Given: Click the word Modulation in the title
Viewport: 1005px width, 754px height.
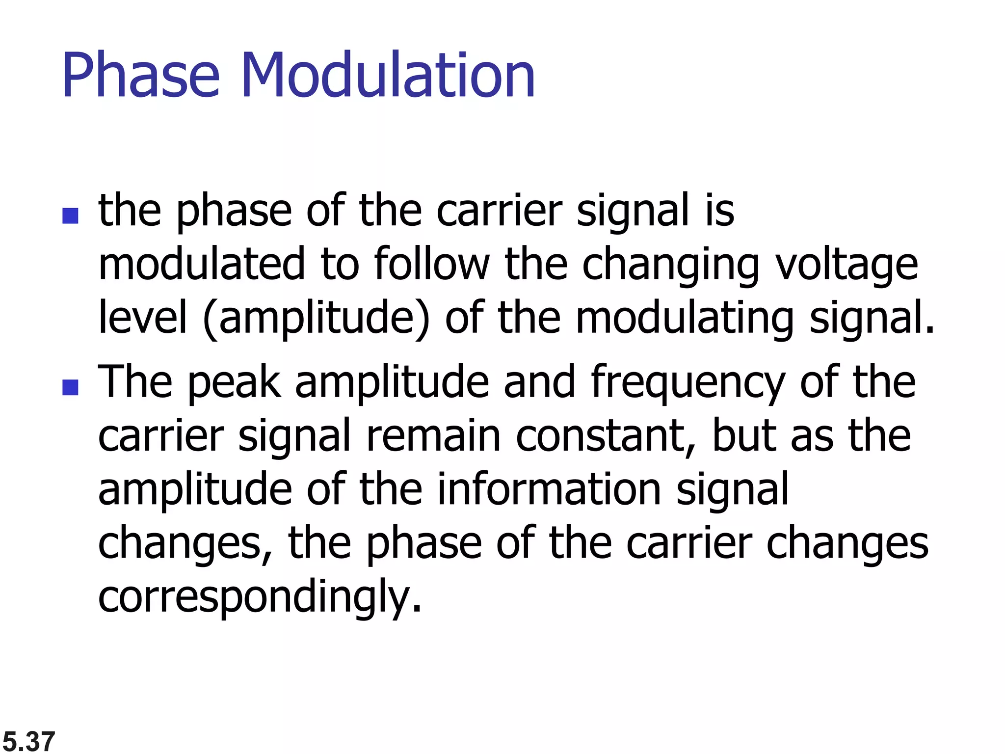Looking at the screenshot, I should pos(388,76).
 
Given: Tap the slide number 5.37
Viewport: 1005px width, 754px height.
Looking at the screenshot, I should pos(28,741).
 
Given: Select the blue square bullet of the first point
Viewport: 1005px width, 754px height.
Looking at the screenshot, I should pos(71,216).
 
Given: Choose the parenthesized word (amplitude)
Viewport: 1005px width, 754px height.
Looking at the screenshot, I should pos(316,319).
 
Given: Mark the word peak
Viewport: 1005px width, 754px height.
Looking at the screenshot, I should pos(234,383).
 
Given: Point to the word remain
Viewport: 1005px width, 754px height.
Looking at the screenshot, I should pos(433,436).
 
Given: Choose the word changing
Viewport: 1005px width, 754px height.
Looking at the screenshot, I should pos(670,266).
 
